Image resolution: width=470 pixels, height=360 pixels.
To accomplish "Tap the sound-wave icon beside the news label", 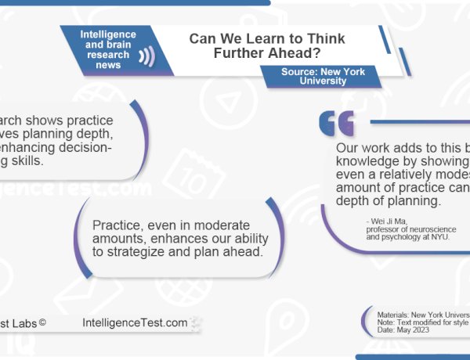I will (x=145, y=56).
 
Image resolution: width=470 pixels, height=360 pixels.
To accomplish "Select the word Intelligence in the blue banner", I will (x=109, y=34).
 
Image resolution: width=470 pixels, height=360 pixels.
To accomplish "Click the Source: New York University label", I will (x=323, y=76).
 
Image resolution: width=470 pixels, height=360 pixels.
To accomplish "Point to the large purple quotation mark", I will (x=336, y=124).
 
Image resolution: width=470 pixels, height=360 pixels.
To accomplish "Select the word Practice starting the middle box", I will (x=116, y=204).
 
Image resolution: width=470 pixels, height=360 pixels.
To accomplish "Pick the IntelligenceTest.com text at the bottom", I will (x=135, y=322).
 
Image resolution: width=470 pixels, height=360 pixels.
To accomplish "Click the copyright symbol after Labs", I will (x=42, y=322).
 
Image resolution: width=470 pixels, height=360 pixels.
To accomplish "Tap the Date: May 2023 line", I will (x=403, y=330).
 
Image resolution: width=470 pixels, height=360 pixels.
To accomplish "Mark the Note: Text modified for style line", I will (x=422, y=322).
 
